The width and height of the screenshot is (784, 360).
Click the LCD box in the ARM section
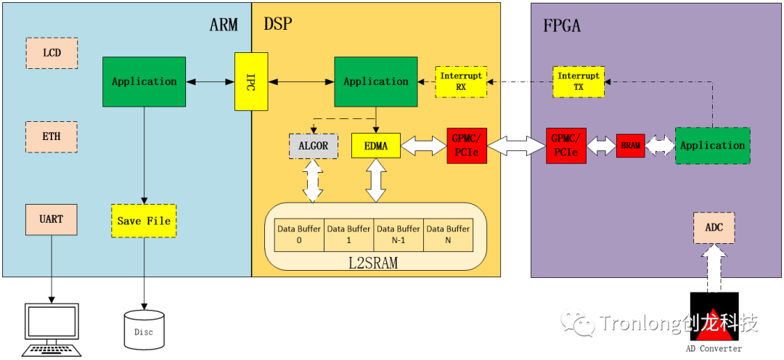pos(52,53)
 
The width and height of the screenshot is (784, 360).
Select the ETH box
pos(52,136)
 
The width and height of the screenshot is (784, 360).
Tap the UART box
pos(52,219)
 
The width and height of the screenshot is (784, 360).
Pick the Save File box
pos(144,221)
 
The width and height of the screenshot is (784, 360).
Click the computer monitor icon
pos(52,327)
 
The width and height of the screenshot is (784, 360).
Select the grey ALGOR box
pos(313,146)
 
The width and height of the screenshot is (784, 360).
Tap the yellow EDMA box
pos(375,146)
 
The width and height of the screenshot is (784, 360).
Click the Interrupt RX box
pos(461,81)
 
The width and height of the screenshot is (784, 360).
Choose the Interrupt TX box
pos(579,81)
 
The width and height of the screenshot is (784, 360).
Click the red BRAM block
pos(630,146)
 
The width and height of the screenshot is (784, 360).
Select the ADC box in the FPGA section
pos(714,228)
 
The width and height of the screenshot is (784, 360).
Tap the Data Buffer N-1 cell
pos(398,234)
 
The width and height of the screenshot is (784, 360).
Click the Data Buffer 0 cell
pos(298,234)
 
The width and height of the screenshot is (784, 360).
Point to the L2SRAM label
pos(373,263)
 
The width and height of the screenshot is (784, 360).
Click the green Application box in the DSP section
pos(375,81)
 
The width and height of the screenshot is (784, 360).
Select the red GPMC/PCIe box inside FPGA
pos(565,146)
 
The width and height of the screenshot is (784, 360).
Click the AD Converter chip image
pos(714,316)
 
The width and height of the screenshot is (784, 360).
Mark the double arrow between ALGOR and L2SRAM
pos(313,181)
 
